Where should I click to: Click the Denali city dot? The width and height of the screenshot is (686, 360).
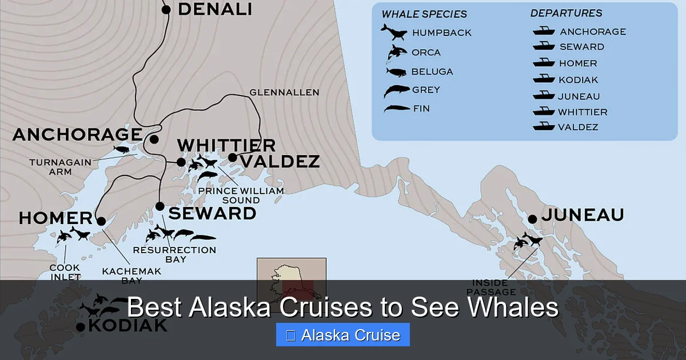166,9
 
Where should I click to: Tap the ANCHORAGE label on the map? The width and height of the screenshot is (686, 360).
77,135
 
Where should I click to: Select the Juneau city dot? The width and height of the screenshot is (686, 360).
532,219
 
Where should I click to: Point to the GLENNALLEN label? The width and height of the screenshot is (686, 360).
284,92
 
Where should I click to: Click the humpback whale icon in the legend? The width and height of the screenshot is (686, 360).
393,32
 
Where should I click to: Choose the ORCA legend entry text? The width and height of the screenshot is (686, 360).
426,53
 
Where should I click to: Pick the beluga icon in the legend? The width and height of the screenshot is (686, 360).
396,72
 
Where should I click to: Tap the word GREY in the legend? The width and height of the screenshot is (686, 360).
426,90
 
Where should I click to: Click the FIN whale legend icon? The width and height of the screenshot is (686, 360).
396,108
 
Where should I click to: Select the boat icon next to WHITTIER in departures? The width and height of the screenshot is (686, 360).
544,111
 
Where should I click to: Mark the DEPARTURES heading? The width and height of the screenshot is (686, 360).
566,13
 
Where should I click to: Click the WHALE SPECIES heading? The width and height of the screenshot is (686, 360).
424,14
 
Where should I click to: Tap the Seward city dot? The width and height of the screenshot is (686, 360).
160,206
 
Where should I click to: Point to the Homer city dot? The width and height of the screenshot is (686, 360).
101,221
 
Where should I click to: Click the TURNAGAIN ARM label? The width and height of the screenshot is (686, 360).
60,166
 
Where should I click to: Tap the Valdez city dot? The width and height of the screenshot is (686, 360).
232,157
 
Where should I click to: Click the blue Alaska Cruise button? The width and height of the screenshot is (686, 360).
342,335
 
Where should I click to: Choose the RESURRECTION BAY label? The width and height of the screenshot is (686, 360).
174,254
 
